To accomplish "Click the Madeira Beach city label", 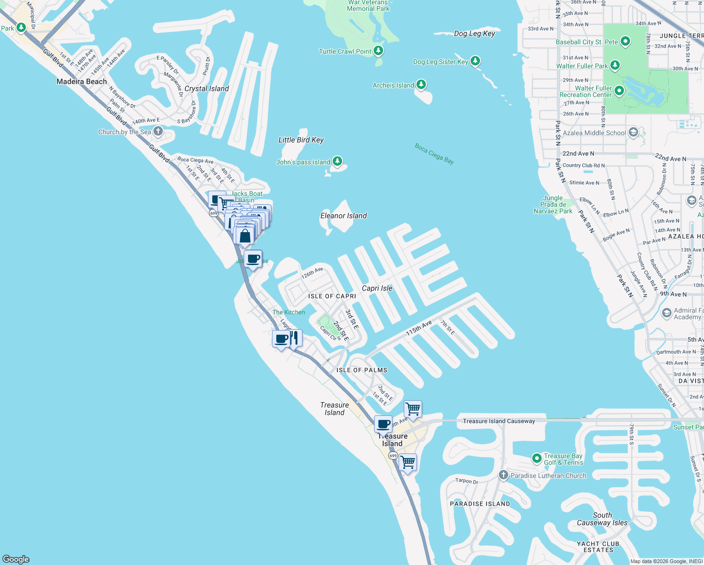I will [x=82, y=81].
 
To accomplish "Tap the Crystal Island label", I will [x=207, y=89].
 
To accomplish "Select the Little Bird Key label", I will [x=301, y=140].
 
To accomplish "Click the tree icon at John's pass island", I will [x=337, y=161].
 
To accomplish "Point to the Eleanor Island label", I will [x=344, y=216].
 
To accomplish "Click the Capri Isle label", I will [x=377, y=288].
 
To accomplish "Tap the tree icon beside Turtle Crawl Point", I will [x=378, y=50].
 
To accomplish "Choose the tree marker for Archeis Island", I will [x=421, y=85].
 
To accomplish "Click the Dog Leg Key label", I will [x=474, y=33].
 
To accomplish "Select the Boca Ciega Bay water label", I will [x=434, y=153].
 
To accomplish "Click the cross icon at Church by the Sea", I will [x=158, y=131].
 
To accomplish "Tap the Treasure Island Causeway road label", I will [x=499, y=421].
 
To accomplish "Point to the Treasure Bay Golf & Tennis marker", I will [x=536, y=458].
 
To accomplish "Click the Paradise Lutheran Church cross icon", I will [x=504, y=475].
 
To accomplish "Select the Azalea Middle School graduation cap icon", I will [x=633, y=132].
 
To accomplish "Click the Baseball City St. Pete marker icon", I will [x=625, y=41].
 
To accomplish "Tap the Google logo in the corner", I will [x=16, y=559].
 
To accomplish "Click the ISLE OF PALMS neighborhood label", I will [x=362, y=370].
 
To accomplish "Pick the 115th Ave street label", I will [x=419, y=328].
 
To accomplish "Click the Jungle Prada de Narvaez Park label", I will [x=553, y=205].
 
